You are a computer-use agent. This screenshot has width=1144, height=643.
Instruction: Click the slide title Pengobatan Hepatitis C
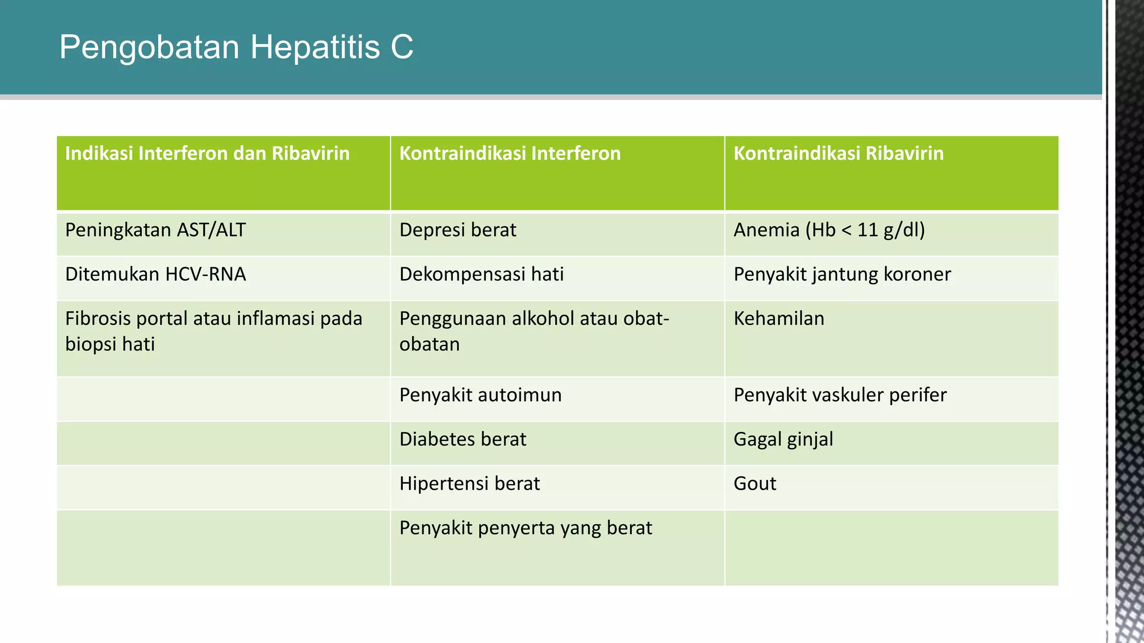tap(236, 47)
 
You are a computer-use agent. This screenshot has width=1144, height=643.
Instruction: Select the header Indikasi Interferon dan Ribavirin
tap(207, 153)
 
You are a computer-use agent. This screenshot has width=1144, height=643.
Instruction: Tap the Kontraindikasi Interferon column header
tap(509, 153)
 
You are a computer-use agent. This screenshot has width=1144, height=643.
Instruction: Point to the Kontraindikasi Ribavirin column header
tap(838, 153)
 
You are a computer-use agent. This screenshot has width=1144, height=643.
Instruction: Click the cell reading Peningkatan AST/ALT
tap(155, 230)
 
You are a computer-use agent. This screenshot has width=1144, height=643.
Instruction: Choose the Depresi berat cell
tap(457, 230)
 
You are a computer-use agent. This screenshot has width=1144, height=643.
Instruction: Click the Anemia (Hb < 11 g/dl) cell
tap(829, 230)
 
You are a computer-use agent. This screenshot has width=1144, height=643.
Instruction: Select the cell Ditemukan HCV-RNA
tap(155, 274)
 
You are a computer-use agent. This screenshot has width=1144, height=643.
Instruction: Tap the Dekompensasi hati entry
tap(482, 274)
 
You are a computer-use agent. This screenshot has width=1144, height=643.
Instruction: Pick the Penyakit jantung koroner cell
tap(842, 274)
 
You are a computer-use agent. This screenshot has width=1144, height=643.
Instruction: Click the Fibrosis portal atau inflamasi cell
tap(213, 331)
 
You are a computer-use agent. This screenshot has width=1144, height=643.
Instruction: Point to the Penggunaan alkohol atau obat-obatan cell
tap(533, 331)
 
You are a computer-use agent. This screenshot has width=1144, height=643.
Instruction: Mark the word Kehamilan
tap(779, 319)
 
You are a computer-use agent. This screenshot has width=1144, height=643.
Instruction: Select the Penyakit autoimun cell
tap(480, 395)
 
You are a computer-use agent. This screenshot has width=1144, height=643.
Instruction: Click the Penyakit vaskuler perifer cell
tap(840, 395)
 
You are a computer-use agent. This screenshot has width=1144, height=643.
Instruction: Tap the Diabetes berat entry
tap(463, 439)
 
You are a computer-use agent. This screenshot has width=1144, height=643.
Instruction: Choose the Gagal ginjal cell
tap(783, 439)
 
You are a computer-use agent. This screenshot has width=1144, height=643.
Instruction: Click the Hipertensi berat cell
tap(469, 483)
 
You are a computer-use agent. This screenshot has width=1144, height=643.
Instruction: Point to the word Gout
tap(755, 483)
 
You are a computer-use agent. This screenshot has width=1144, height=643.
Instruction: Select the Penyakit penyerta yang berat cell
tap(525, 528)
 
